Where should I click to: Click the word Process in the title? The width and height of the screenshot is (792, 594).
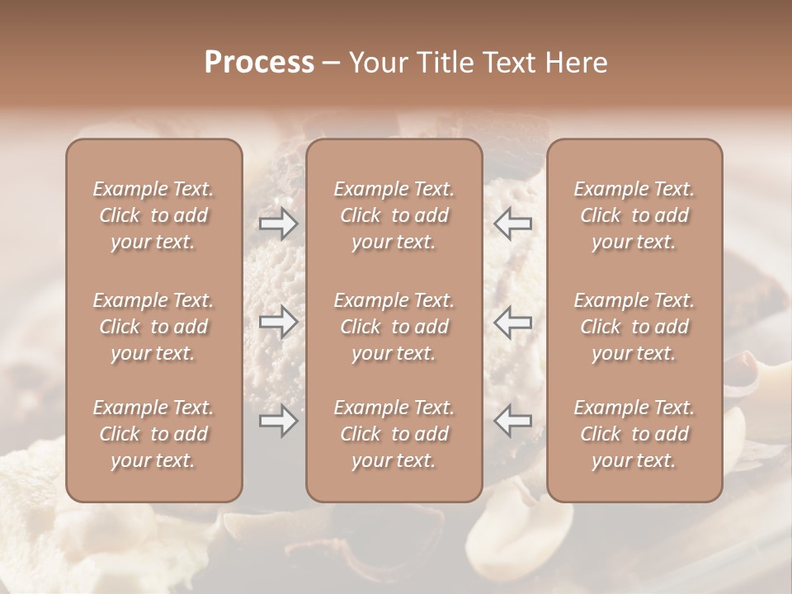[259, 63]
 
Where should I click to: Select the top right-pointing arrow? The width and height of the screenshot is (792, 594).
[278, 224]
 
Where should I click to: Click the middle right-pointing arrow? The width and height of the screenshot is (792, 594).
[278, 322]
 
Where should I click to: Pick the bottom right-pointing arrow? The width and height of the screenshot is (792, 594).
[278, 421]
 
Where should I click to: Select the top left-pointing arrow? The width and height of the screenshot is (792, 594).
[513, 224]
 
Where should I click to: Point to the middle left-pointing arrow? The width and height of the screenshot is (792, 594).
[513, 322]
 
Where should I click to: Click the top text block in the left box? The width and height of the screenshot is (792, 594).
[153, 215]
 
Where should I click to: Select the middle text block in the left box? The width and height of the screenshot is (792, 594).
[153, 327]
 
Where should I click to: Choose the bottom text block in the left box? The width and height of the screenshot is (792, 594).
[153, 434]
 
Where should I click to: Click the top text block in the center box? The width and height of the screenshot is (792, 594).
[394, 215]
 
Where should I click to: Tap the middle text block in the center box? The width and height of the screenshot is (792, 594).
[394, 327]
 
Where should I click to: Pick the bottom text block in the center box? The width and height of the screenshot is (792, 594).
[394, 434]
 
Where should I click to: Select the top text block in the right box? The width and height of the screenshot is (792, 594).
[634, 215]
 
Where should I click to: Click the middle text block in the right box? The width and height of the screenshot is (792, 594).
[634, 327]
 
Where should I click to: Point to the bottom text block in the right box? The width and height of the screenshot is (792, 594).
[634, 434]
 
